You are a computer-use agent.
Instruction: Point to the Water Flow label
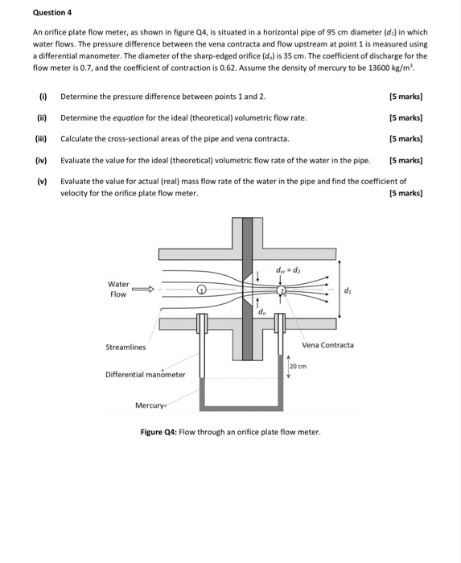[118, 290]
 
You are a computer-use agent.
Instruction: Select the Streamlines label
[126, 347]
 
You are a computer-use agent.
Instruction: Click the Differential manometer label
[146, 374]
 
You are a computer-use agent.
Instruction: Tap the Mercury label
[150, 405]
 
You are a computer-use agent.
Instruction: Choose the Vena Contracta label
[327, 345]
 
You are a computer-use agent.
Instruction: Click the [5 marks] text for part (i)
[405, 97]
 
